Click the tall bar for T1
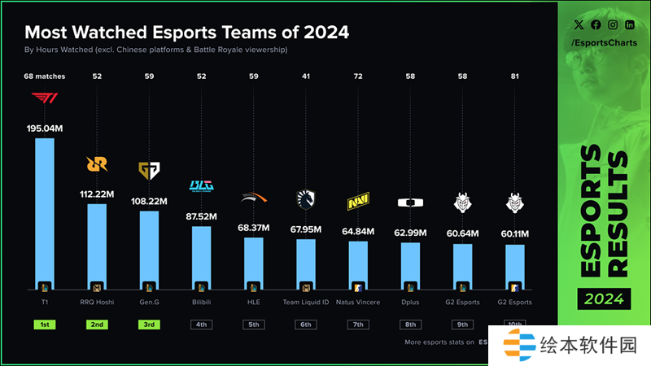[44, 211]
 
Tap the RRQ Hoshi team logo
[97, 164]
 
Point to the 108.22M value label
[149, 201]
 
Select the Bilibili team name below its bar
[201, 302]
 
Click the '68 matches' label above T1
[44, 76]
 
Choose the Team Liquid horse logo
[306, 198]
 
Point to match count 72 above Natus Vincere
[358, 76]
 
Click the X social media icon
[578, 25]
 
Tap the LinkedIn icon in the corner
[629, 25]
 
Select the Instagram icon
[612, 25]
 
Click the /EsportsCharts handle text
[603, 42]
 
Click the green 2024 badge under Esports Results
[603, 298]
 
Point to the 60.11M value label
[515, 234]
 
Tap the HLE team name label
[254, 302]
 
